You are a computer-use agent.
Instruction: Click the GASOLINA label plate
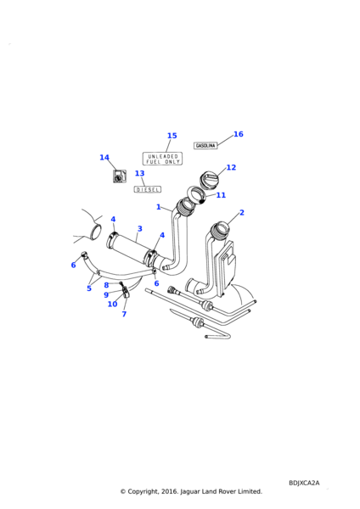coord(205,145)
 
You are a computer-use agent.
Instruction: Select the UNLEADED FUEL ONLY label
coord(162,159)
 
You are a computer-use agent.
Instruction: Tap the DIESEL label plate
coord(148,189)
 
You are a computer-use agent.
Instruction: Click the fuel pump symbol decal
coord(119,176)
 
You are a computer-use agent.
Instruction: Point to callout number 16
coord(238,134)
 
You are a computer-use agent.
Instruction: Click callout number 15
coord(172,136)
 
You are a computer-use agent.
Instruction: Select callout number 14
coord(104,158)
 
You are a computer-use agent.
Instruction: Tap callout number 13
coord(140,173)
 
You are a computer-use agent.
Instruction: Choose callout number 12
coord(231,167)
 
